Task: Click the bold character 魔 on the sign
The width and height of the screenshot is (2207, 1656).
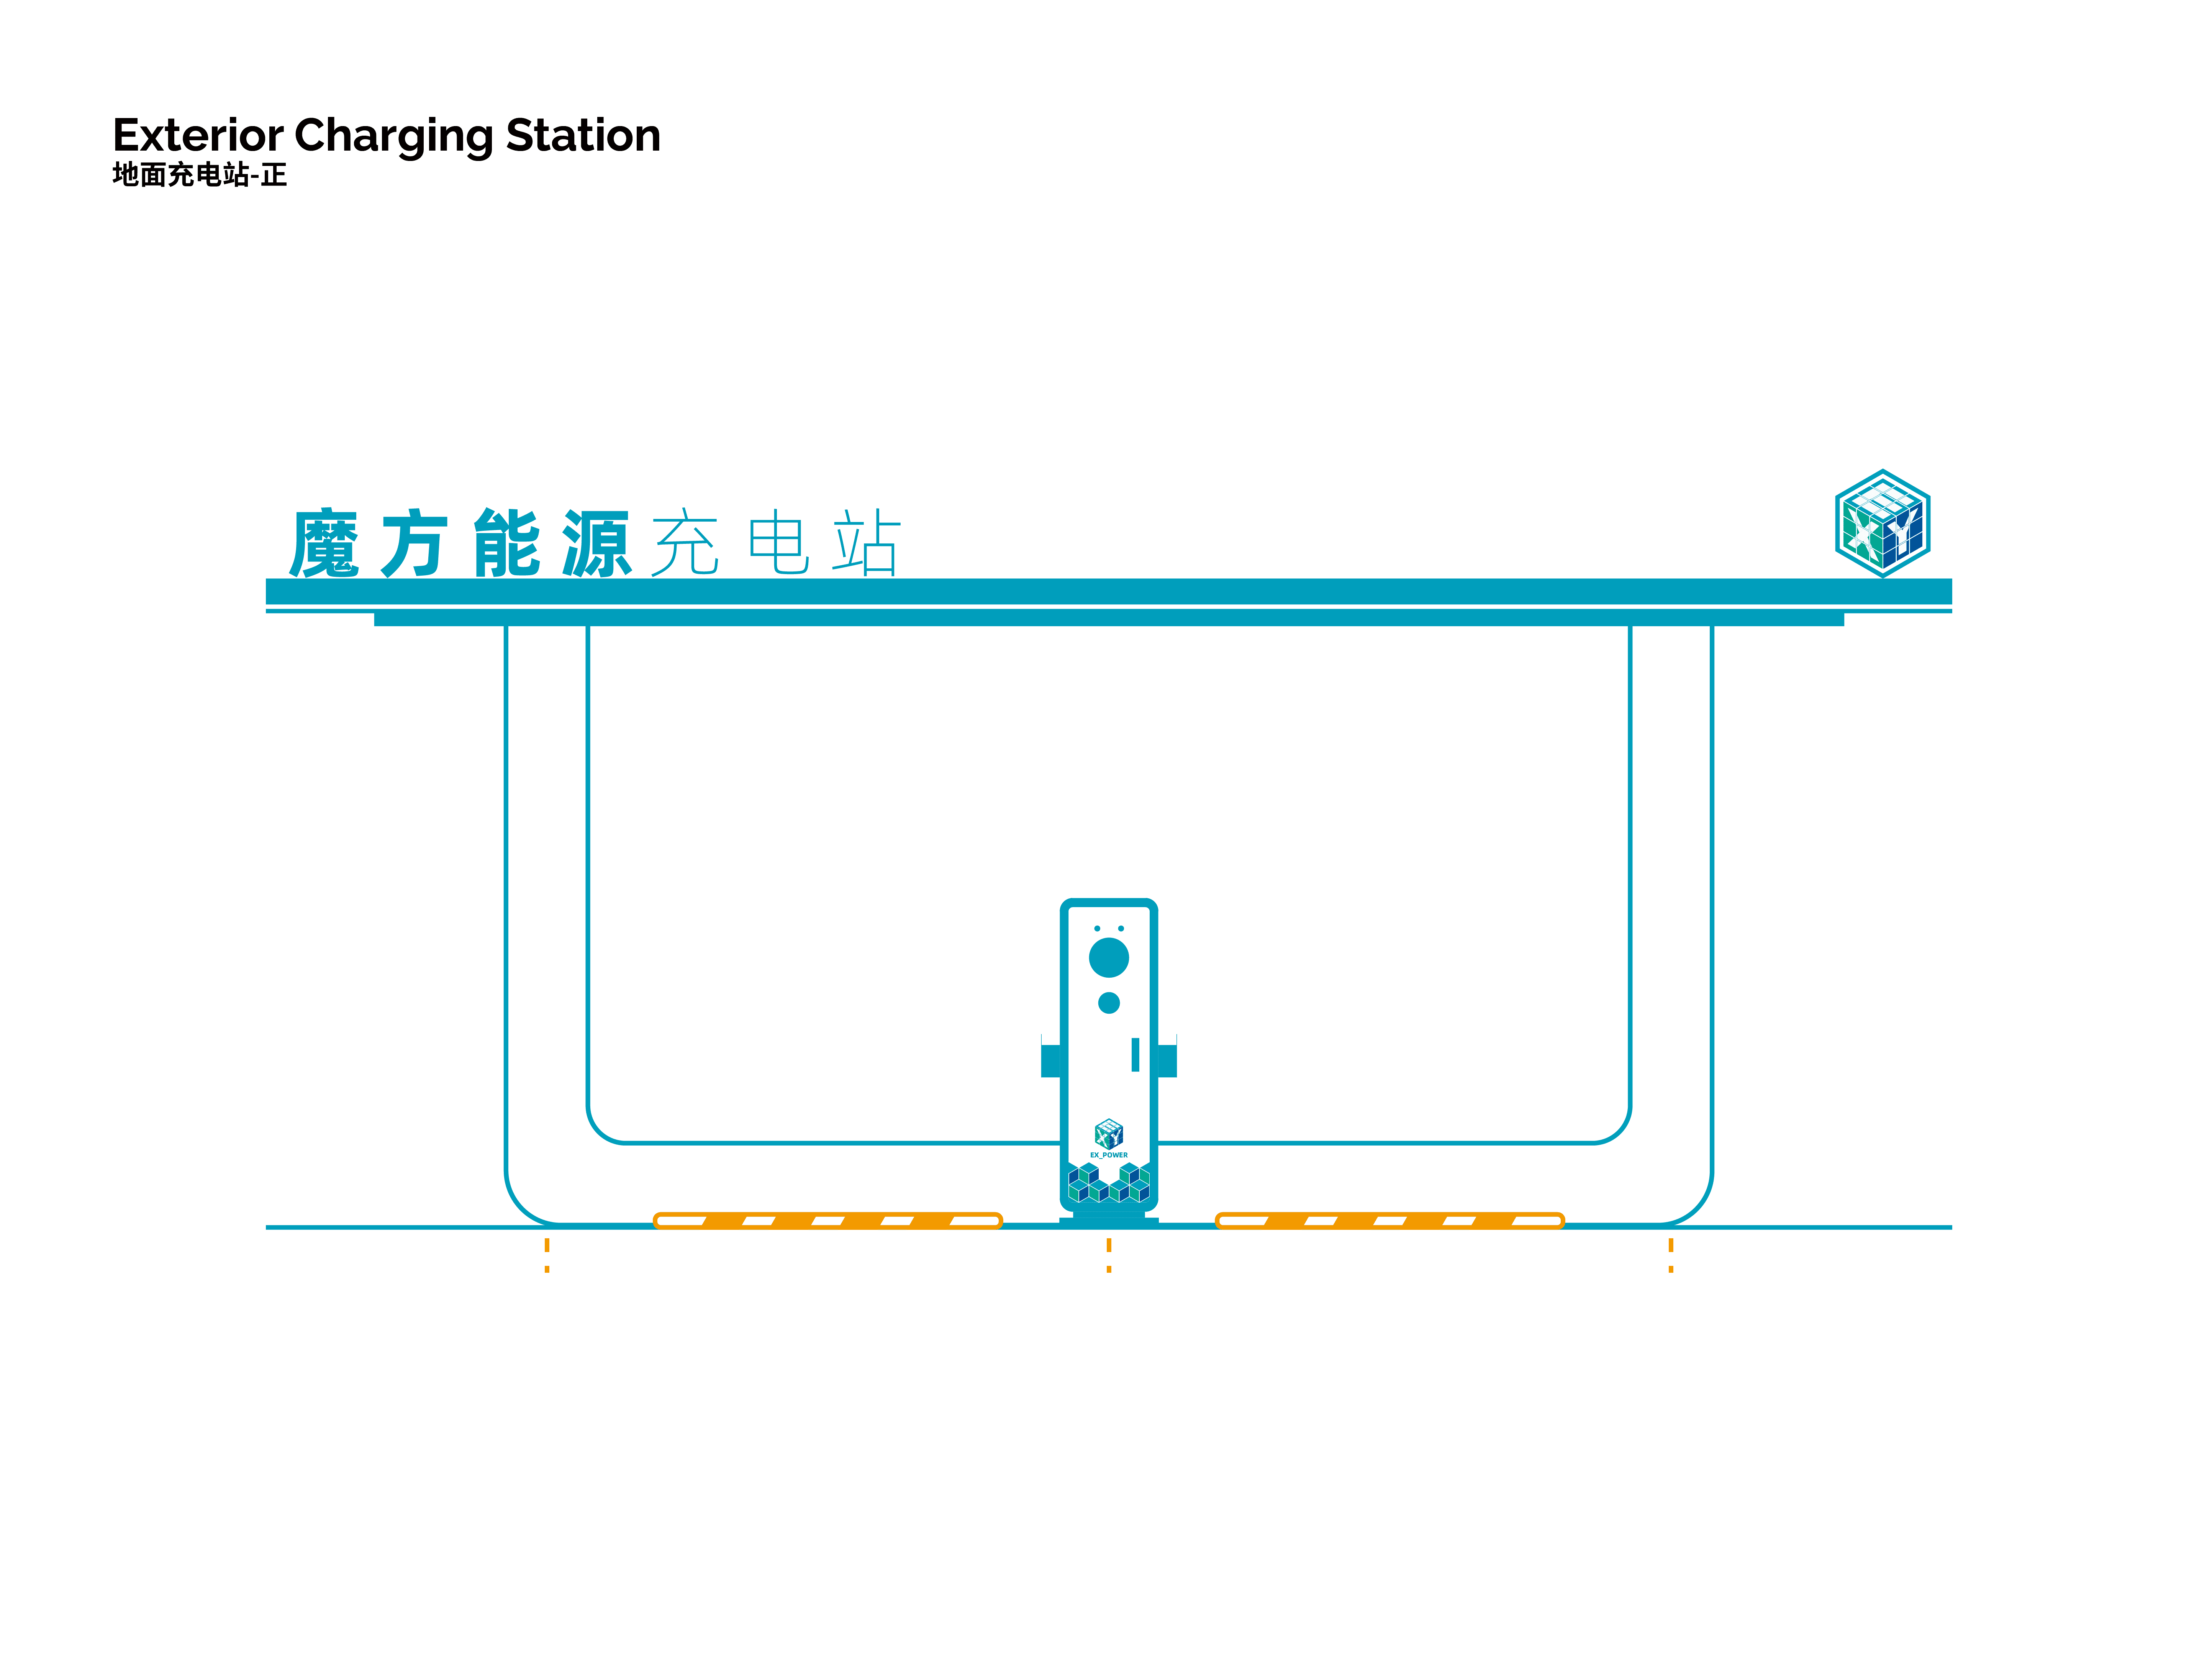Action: (324, 544)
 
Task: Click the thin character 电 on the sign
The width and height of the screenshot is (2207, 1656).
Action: (778, 544)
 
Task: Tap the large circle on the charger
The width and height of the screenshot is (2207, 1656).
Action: (1109, 957)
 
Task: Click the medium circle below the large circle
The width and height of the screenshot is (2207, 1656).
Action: (1109, 1002)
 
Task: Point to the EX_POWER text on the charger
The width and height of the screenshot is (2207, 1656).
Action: (1109, 1155)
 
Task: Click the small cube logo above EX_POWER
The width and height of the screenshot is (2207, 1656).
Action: (1109, 1134)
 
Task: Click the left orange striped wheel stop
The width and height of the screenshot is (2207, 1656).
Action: (827, 1220)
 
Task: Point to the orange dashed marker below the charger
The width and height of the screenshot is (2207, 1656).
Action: (1109, 1255)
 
